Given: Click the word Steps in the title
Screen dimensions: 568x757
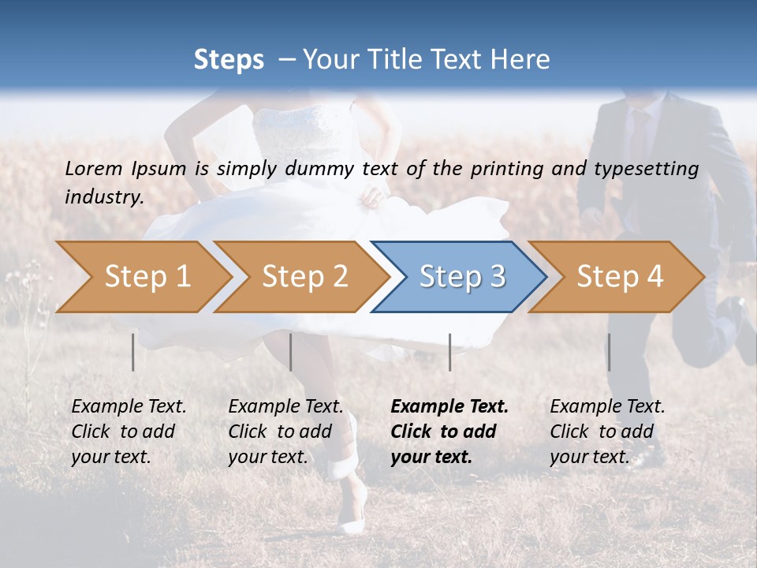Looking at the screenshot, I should pos(229,60).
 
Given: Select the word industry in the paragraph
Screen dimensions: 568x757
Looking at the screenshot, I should pos(103,197).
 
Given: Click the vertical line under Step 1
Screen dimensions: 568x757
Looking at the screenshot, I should pos(133,352).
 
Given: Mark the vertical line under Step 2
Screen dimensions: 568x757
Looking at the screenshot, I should pos(291,352).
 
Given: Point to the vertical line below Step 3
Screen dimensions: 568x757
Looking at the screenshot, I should pos(449,352).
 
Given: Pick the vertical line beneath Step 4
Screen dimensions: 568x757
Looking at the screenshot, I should pos(609,352).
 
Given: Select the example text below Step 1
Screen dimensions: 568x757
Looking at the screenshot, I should pos(129,432).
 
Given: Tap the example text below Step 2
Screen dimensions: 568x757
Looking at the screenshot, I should pos(285,432).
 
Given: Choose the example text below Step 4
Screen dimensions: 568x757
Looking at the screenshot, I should pos(607,432).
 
